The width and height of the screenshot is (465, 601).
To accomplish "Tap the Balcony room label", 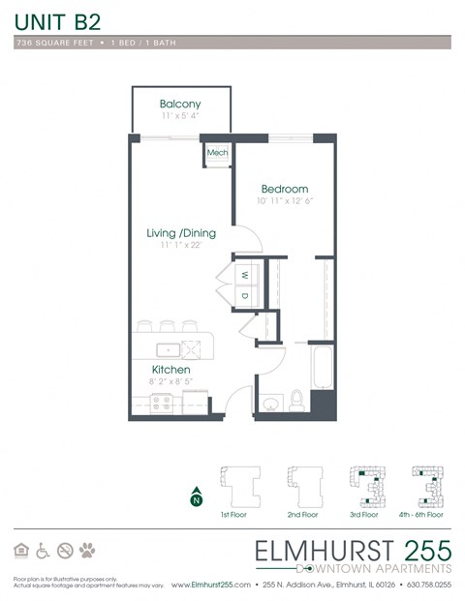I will tap(180, 105).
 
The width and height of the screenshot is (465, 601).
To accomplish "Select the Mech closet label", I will tap(215, 152).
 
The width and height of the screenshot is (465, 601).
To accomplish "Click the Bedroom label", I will tap(285, 189).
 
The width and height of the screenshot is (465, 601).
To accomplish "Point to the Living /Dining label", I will tap(181, 233).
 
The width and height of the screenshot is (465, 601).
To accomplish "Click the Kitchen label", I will tap(170, 370).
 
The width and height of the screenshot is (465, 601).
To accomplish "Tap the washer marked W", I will tap(244, 274).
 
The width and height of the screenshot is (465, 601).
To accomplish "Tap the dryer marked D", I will tap(244, 295).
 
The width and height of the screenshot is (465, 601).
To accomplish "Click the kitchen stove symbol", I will tap(162, 402).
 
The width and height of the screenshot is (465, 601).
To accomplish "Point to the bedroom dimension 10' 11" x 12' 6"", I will tap(286, 201).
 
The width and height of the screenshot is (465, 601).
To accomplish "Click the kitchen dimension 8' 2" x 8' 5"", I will tap(170, 383).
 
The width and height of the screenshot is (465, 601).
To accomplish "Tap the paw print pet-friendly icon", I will tap(88, 551).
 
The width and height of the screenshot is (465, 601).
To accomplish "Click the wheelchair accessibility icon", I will tap(44, 551).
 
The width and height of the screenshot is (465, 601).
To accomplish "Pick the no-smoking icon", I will tap(66, 551).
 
